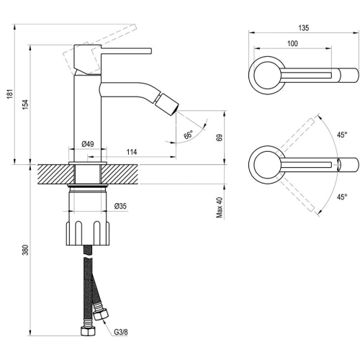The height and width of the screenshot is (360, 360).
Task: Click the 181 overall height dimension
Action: [9, 94]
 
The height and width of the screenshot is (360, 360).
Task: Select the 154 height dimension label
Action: [25, 104]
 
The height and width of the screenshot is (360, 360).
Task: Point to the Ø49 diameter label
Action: [88, 144]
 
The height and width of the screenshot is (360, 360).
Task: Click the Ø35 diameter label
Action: [120, 206]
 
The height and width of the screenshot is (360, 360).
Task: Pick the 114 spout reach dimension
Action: [132, 152]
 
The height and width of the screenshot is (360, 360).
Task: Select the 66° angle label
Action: [189, 135]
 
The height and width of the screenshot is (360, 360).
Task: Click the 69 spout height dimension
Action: [220, 138]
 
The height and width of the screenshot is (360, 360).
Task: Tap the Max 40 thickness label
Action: [220, 207]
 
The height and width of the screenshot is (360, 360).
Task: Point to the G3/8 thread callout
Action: [121, 332]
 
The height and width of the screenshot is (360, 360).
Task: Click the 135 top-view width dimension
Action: [304, 28]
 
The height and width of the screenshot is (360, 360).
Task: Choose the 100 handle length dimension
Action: [292, 43]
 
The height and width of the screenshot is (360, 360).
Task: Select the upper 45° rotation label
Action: [342, 135]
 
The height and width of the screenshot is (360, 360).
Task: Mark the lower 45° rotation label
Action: [342, 197]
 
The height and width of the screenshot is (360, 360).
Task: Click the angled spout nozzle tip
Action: [166, 104]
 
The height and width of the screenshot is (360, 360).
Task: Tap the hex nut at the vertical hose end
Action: [88, 331]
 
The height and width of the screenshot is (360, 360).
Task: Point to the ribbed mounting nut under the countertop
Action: [88, 233]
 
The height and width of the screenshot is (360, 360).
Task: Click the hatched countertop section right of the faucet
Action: [120, 174]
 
